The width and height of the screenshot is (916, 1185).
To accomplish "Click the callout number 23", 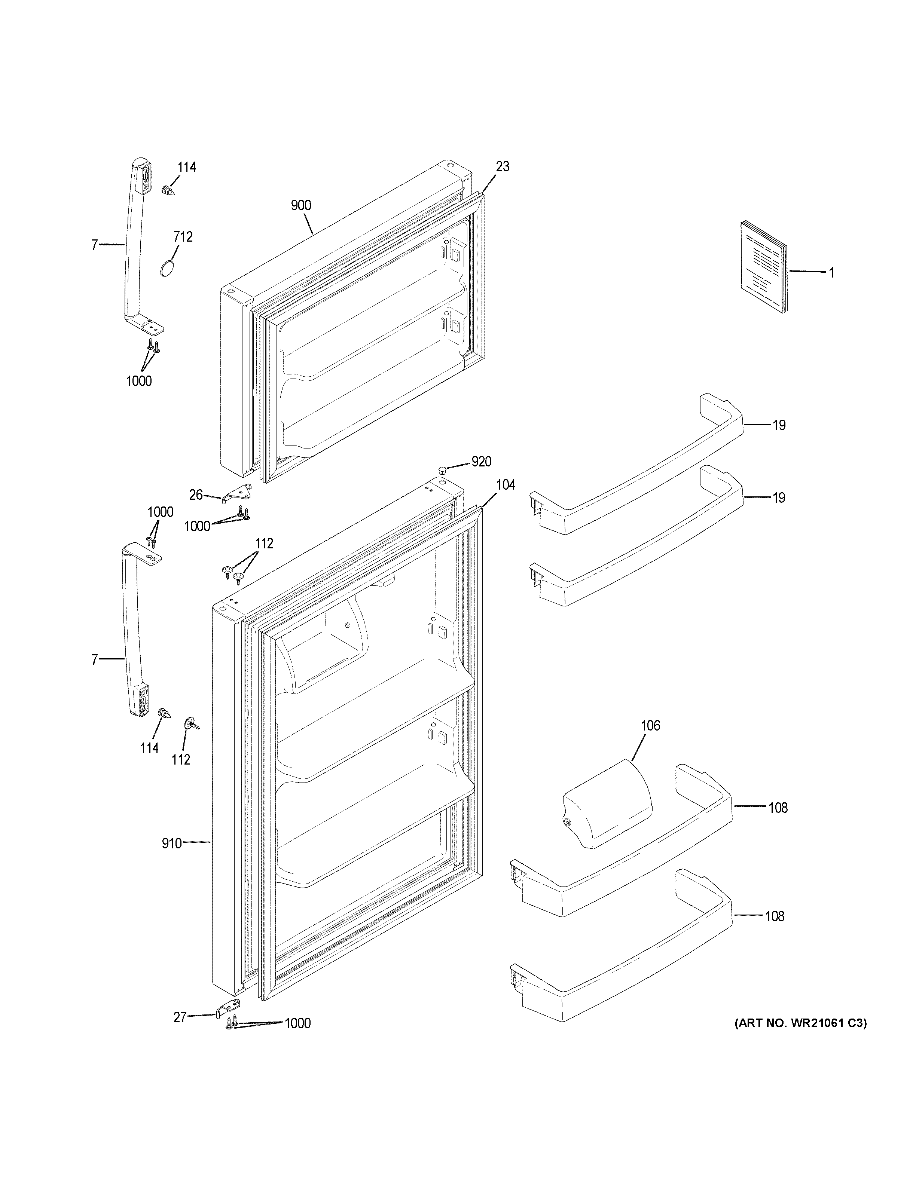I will point(503,166).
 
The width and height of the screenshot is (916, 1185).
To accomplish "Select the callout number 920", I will point(481,462).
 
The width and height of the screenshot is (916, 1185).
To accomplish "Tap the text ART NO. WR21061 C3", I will point(800,1024).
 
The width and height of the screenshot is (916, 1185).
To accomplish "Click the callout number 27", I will point(180,1017).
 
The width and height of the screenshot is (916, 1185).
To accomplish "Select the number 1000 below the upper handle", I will point(139,382).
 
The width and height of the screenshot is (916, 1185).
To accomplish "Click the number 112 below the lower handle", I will point(181,760).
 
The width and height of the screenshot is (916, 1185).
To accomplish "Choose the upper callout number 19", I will point(779,425).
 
